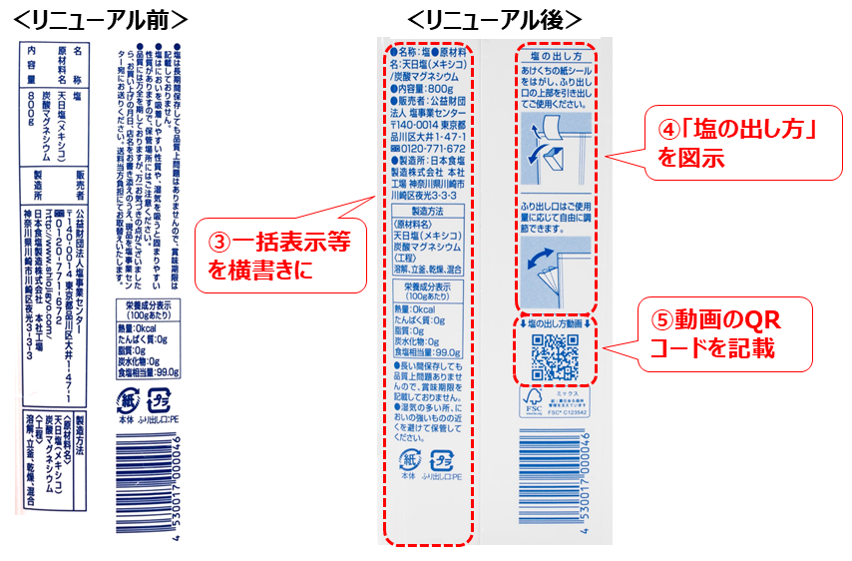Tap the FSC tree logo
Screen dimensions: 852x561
(532, 402)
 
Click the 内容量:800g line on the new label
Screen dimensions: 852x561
(425, 89)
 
